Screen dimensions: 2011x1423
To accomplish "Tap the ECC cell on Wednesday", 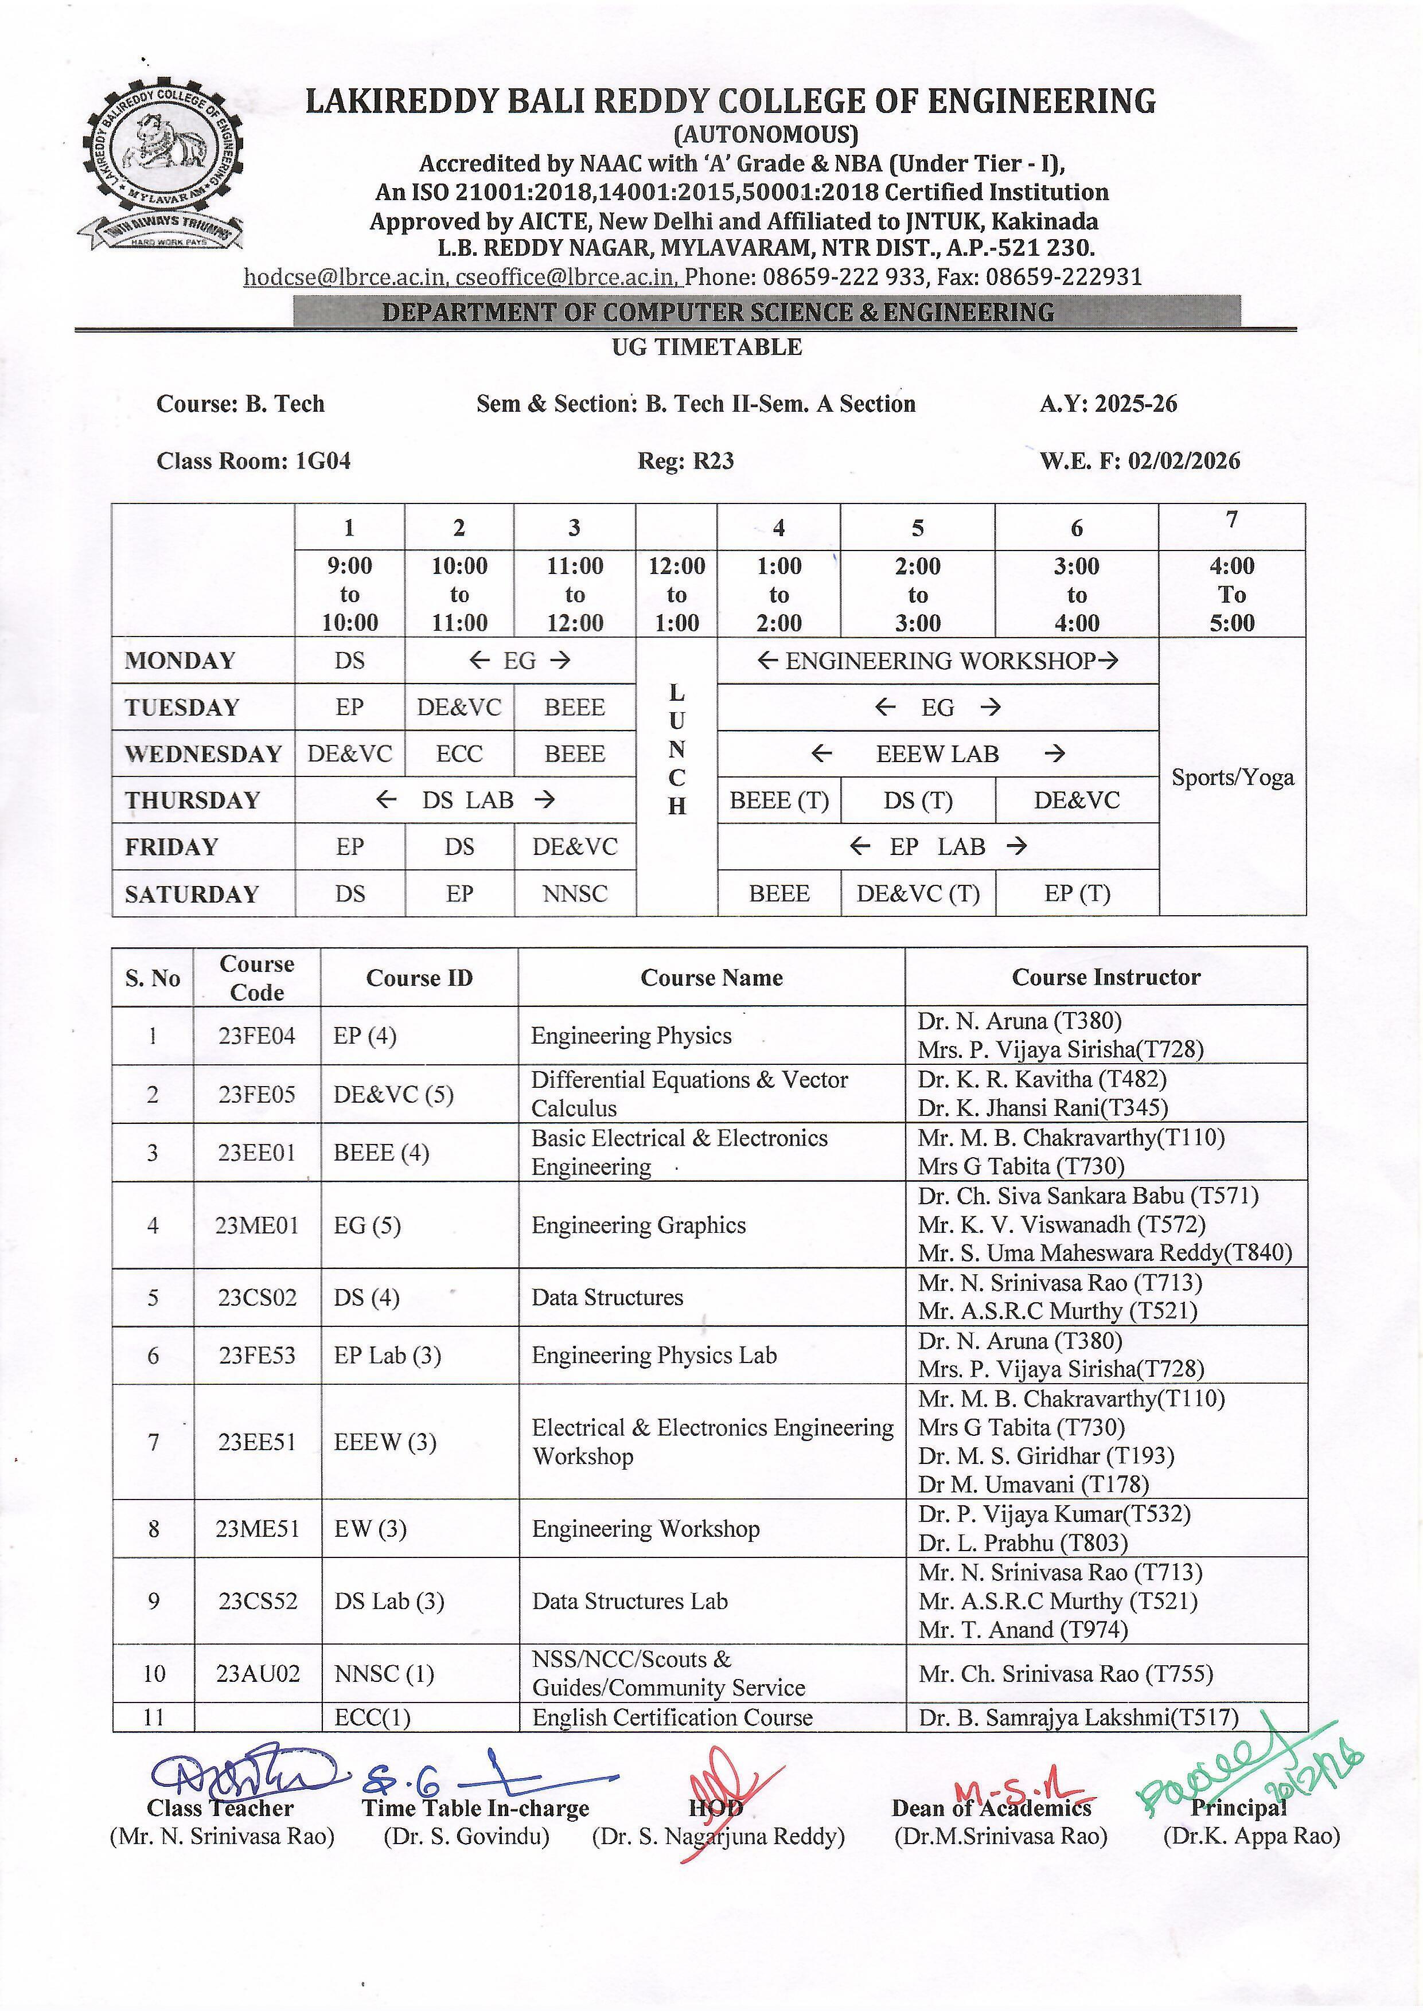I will (x=459, y=754).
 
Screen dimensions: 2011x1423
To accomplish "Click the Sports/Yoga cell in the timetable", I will (x=1232, y=777).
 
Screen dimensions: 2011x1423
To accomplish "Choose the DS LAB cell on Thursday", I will (x=465, y=800).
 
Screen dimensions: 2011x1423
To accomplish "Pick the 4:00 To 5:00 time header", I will (x=1232, y=594).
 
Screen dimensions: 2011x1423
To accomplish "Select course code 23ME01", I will (x=257, y=1225).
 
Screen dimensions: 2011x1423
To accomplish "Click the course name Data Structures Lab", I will (x=629, y=1601).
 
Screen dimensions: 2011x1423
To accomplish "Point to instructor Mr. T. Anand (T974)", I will (x=1023, y=1630).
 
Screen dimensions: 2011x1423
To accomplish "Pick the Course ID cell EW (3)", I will (x=370, y=1529).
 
